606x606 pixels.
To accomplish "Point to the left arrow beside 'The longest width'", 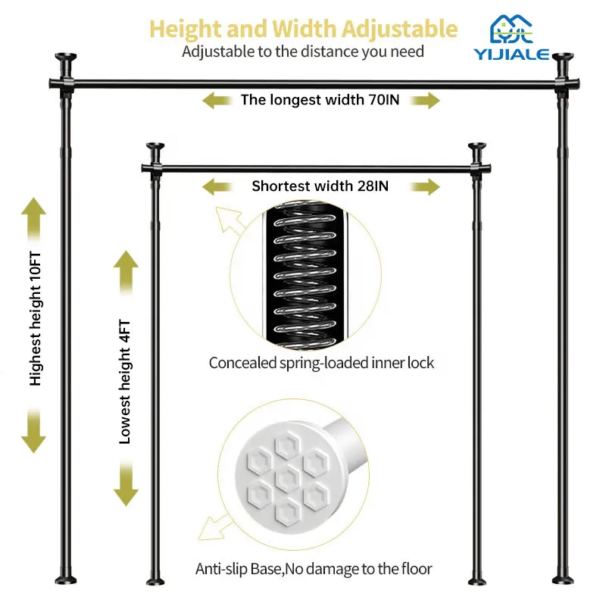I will (x=216, y=99).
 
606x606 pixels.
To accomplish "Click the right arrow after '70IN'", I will (x=425, y=100).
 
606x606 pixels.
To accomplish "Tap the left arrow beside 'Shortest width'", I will (x=216, y=186).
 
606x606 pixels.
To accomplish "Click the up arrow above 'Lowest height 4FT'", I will (x=126, y=272).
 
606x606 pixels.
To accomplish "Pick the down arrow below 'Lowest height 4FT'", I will (x=126, y=484).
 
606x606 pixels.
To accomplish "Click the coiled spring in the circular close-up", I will (x=303, y=274).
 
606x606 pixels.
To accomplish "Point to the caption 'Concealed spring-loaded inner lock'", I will (x=322, y=363).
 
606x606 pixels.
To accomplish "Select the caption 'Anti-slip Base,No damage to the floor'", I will (x=314, y=568).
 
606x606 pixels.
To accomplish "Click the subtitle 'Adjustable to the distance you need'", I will (x=303, y=52).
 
